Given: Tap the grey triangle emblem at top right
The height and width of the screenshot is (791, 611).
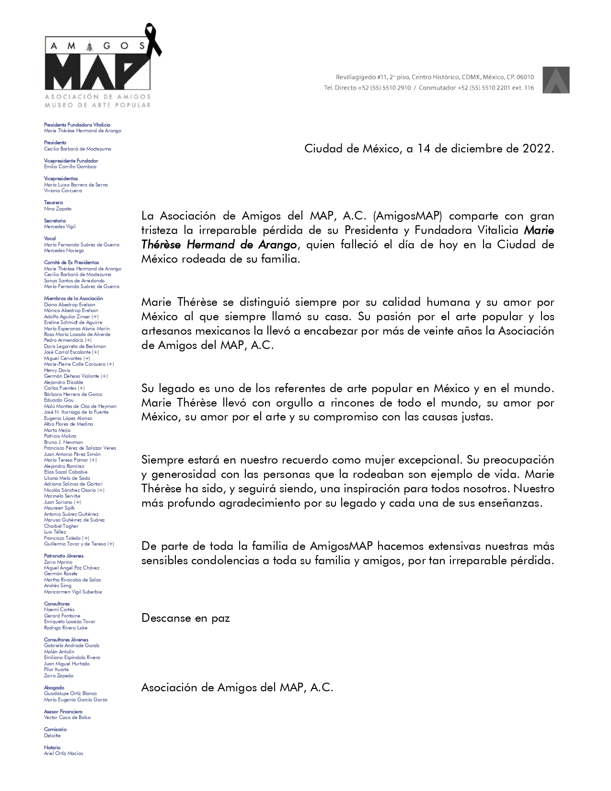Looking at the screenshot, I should [556, 80].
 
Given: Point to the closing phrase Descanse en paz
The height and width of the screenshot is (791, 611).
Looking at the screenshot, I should [185, 618].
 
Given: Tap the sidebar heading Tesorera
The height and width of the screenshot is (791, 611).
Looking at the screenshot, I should [53, 203].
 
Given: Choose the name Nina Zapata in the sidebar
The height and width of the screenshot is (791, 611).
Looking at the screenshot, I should [58, 209].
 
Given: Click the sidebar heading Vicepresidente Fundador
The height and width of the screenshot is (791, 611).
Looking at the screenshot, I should [71, 161].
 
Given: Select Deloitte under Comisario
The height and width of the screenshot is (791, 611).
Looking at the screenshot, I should [52, 735].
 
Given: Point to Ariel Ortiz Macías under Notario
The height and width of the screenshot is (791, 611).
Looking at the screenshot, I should [63, 753].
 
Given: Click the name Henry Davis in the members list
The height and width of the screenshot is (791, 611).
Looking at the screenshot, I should [57, 370].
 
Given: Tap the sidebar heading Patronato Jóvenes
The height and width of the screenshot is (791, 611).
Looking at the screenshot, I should [64, 556].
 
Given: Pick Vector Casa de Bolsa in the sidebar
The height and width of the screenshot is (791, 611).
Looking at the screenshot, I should [67, 717].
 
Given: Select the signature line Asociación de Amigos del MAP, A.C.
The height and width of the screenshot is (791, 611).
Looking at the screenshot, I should [237, 687].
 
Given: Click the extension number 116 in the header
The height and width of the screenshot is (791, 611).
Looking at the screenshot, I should [529, 88].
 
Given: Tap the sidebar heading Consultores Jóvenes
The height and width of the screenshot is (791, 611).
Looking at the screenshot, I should [66, 640].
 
